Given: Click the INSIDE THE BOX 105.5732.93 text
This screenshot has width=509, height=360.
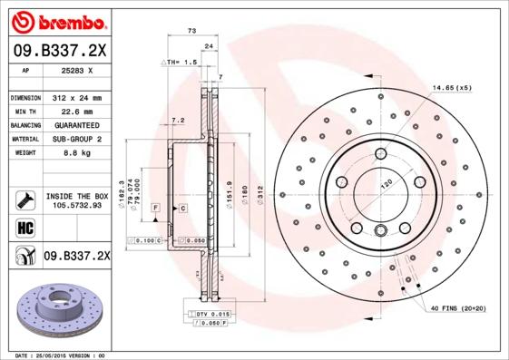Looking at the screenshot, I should click(x=76, y=200).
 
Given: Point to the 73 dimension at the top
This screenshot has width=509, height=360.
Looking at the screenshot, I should click(x=191, y=32).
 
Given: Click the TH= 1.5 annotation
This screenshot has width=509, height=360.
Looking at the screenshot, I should click(x=180, y=62).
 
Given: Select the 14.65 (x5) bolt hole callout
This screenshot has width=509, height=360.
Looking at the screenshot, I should click(x=452, y=87).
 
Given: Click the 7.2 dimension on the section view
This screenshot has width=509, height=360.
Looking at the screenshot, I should click(x=178, y=120).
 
